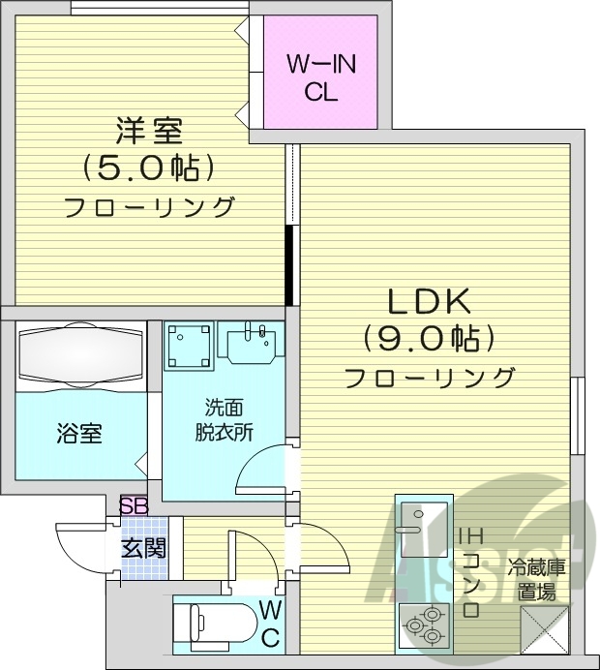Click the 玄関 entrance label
(142, 548)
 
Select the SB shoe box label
(134, 506)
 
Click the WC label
(270, 624)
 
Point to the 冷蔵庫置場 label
(537, 578)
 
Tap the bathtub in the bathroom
(79, 353)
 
